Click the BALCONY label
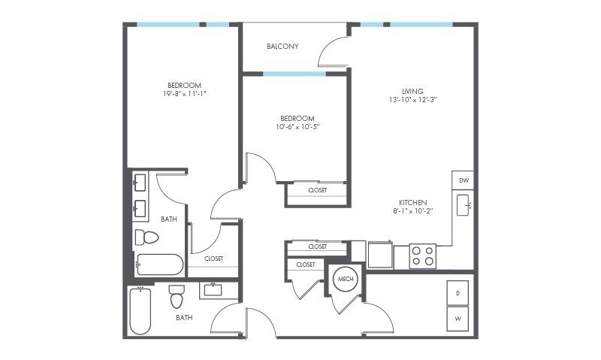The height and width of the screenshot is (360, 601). click(282, 47)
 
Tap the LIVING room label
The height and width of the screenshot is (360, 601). click(412, 91)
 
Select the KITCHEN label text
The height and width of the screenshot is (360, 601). click(412, 202)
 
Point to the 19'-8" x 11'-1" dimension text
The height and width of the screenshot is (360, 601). click(184, 93)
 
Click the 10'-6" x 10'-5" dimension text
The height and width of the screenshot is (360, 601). click(297, 126)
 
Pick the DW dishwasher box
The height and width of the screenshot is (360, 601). click(463, 180)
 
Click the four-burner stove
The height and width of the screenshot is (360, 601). click(422, 256)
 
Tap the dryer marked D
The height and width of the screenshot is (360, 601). click(458, 293)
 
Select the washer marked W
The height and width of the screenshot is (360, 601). click(458, 319)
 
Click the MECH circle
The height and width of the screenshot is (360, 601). click(346, 279)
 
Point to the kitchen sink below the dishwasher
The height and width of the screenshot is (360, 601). click(464, 205)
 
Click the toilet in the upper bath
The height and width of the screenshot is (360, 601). click(146, 237)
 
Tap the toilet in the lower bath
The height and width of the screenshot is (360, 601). click(177, 296)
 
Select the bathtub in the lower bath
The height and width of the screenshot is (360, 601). click(140, 311)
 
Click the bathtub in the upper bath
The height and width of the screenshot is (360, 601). click(160, 265)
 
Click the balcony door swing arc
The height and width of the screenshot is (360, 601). click(329, 48)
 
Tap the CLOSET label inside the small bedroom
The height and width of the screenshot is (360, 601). click(318, 190)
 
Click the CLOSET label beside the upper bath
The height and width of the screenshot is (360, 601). click(213, 259)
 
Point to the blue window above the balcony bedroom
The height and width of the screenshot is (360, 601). click(294, 74)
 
